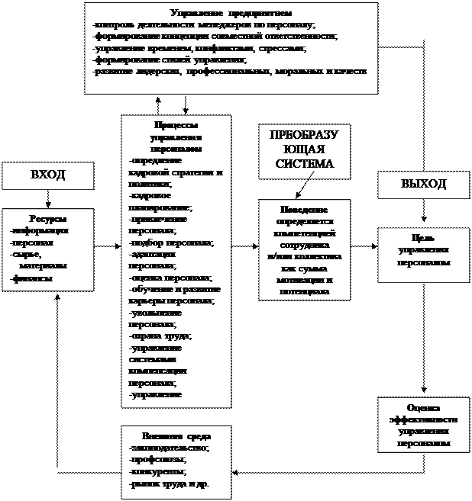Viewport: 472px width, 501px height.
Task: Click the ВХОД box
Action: point(47,175)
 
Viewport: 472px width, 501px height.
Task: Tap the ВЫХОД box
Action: point(424,184)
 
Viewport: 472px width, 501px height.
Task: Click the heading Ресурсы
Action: point(47,219)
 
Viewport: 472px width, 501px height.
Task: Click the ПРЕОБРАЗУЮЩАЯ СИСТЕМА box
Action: point(303,150)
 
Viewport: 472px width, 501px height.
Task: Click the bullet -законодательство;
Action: point(170,448)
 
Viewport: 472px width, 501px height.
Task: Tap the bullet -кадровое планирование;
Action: point(161,201)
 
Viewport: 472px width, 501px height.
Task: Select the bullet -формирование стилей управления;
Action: point(168,59)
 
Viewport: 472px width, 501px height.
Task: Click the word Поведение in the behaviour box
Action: point(303,210)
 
